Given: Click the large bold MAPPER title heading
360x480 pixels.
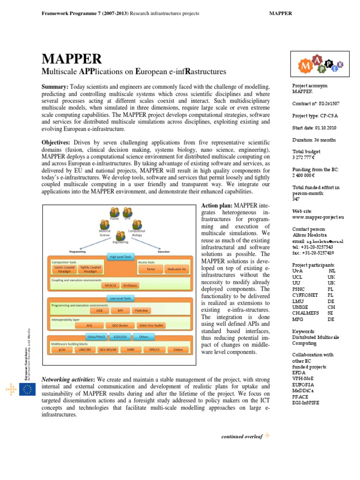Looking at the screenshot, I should (x=72, y=59).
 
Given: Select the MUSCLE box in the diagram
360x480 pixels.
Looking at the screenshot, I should (x=111, y=285).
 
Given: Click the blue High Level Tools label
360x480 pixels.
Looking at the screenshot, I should (x=120, y=256).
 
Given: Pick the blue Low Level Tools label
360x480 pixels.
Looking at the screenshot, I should (x=120, y=298).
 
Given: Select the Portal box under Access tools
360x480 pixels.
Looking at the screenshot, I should (x=150, y=270).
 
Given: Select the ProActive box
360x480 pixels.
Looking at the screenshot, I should (x=142, y=310).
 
